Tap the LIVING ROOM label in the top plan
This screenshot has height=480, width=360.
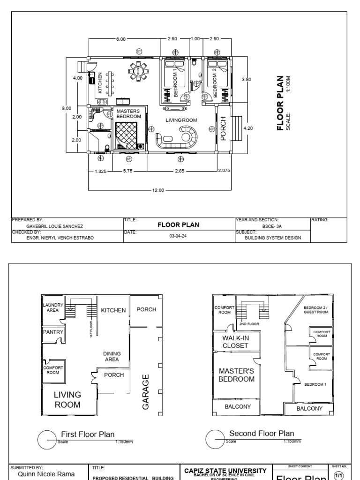[181, 120]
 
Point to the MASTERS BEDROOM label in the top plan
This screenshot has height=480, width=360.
[128, 113]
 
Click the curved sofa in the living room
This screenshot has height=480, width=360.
[179, 139]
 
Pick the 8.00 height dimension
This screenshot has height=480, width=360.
[67, 108]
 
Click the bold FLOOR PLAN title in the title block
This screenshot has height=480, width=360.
[178, 225]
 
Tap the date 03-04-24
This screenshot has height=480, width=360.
[178, 237]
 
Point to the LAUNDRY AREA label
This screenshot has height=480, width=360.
[52, 307]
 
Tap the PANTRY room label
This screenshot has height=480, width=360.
[52, 332]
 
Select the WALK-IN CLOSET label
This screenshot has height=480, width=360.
[235, 342]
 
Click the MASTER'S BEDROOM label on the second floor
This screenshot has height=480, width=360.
[236, 375]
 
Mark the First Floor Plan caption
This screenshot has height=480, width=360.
[88, 435]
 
